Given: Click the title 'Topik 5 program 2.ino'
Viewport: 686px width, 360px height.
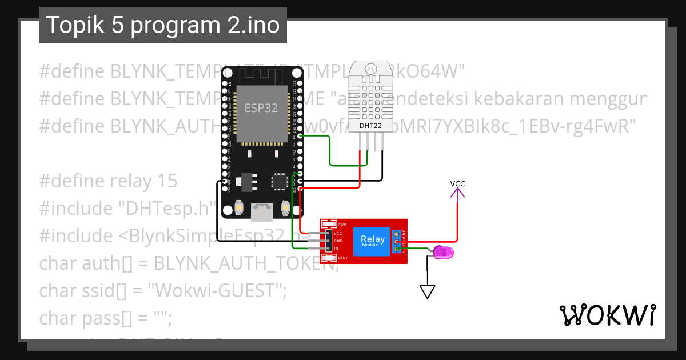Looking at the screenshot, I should [162, 26].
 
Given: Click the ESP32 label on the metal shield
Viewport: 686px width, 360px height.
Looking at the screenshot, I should [261, 108].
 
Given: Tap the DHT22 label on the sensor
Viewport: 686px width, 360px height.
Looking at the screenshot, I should [370, 125].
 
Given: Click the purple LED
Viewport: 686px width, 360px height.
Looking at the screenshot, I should [443, 252].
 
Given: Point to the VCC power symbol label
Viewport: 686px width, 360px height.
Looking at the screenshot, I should [457, 184].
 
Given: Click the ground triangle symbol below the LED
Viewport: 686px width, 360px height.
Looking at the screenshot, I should [428, 292].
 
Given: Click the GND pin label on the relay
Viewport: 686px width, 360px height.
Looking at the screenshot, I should [337, 241].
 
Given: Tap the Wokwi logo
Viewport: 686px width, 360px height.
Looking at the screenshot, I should [607, 315].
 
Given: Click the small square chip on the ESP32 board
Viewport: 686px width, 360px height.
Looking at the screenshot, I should [280, 181].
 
